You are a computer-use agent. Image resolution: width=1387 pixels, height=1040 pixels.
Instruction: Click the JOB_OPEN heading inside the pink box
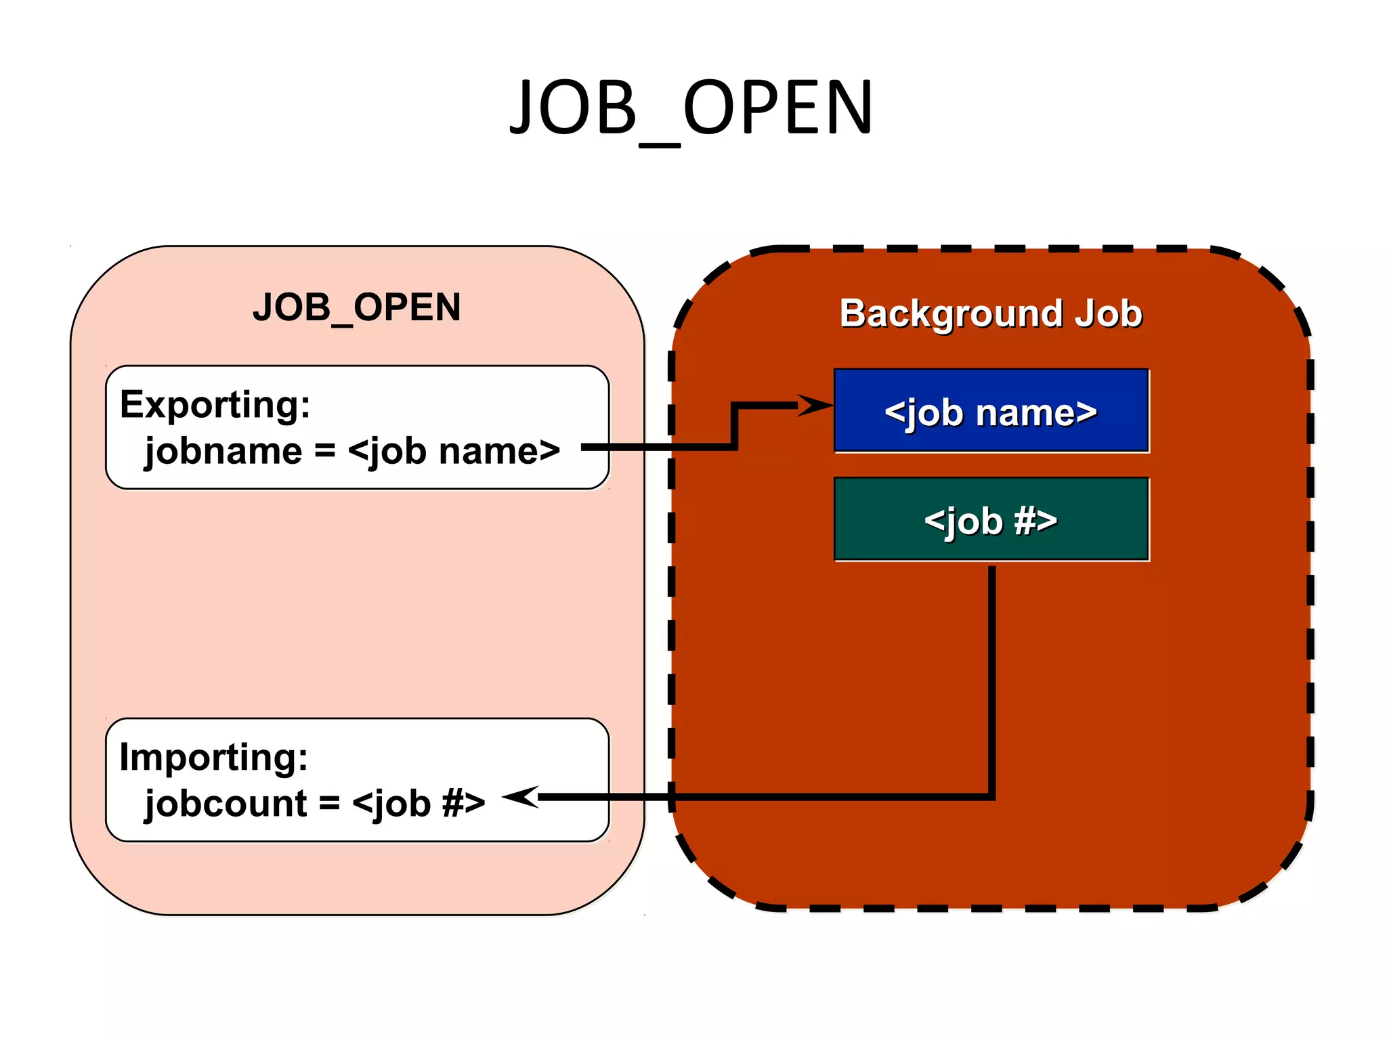tap(357, 307)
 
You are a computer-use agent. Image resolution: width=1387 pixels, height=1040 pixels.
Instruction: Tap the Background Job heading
tap(991, 313)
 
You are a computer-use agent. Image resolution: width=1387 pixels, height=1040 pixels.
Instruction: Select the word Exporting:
tap(215, 405)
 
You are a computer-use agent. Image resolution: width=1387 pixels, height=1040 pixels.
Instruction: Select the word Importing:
tap(213, 757)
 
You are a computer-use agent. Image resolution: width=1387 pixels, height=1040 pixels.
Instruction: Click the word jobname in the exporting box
tap(223, 452)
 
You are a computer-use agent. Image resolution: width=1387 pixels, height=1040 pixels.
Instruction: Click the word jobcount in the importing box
tap(226, 804)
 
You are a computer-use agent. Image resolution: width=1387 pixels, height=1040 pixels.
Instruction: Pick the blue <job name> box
tap(991, 410)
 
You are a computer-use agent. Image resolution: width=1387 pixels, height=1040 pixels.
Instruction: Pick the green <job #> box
tap(991, 519)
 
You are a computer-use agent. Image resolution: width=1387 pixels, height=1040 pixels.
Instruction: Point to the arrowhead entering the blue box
tap(816, 406)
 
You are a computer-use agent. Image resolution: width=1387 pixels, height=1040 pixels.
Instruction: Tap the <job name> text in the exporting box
tap(454, 452)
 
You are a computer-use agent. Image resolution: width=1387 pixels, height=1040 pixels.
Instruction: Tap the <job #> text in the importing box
tap(419, 804)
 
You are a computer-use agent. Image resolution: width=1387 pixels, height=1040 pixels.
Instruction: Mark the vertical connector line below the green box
tap(991, 677)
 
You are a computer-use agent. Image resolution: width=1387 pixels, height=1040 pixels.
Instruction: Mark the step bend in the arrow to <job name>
tap(735, 427)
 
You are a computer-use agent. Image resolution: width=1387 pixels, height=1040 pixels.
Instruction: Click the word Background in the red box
tap(952, 313)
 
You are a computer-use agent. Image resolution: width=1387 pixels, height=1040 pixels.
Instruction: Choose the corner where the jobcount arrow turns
tap(991, 797)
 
